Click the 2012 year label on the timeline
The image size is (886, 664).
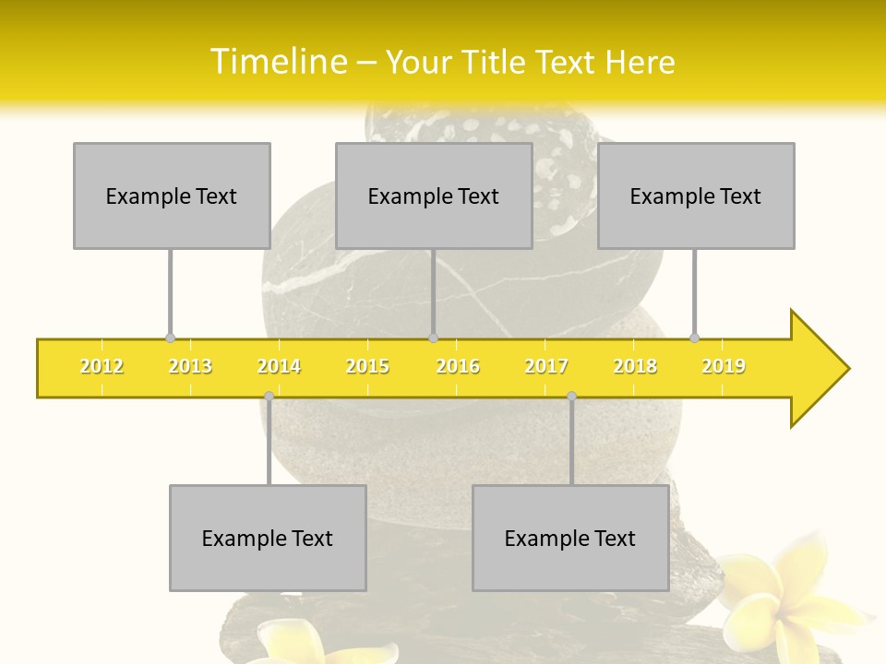102,366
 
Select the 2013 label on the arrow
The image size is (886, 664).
190,366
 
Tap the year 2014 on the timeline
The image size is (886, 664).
279,366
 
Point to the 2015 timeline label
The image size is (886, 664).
367,366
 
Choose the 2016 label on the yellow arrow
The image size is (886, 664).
458,366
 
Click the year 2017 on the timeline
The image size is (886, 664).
546,366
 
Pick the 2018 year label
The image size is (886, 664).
635,366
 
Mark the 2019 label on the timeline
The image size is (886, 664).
724,366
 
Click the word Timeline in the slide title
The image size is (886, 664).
276,62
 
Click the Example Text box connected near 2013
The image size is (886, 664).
172,196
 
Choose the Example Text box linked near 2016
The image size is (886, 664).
434,196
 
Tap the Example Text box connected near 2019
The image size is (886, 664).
696,196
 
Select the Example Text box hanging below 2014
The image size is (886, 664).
268,539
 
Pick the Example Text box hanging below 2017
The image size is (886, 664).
570,539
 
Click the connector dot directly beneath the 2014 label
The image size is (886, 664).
269,396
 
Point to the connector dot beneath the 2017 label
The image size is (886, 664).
571,396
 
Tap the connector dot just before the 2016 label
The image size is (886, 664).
433,338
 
